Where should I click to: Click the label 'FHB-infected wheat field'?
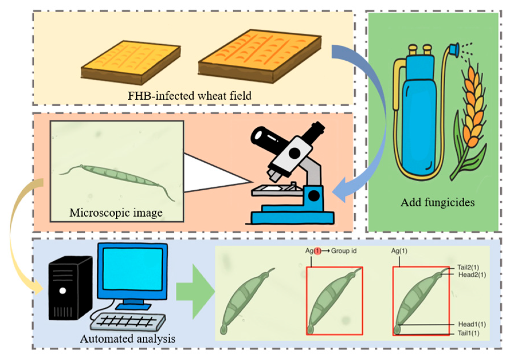(x=189, y=95)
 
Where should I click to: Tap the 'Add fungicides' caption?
(x=437, y=202)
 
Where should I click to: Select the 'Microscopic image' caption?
(x=116, y=213)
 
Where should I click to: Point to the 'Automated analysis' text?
(x=127, y=339)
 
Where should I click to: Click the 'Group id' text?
(x=344, y=251)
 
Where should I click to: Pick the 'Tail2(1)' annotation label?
(x=468, y=267)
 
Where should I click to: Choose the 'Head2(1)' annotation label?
(x=472, y=275)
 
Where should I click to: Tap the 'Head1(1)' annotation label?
(x=472, y=324)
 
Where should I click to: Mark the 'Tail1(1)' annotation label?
(x=468, y=333)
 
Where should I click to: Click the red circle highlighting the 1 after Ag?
(x=317, y=251)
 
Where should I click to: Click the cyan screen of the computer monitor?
(x=132, y=269)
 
